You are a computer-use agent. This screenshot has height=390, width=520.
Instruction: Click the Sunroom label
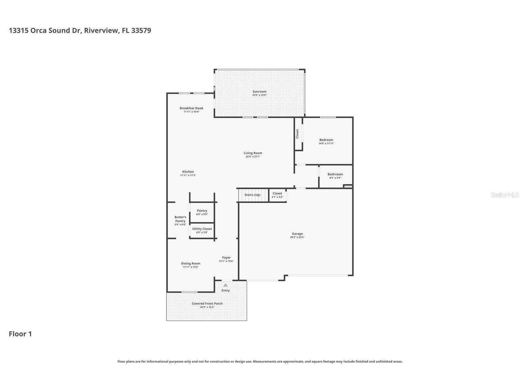click(x=259, y=91)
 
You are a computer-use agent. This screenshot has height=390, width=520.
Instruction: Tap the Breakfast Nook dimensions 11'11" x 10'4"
click(x=191, y=112)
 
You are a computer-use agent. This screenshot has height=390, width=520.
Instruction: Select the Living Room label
click(x=253, y=153)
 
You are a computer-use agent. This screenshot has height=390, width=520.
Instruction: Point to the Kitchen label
click(x=188, y=172)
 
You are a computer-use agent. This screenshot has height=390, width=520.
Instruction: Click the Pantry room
click(x=202, y=212)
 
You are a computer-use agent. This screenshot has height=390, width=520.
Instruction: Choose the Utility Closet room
click(x=202, y=230)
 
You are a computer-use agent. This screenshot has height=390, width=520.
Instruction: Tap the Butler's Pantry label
click(x=180, y=219)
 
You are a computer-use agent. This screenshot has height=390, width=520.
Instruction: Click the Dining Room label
click(x=190, y=263)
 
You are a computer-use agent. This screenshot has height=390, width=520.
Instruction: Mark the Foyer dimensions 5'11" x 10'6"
click(x=226, y=261)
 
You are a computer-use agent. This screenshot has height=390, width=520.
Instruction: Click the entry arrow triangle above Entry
click(x=226, y=285)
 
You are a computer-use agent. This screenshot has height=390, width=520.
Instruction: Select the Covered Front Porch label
click(x=207, y=304)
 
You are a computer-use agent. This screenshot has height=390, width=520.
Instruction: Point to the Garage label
click(x=297, y=234)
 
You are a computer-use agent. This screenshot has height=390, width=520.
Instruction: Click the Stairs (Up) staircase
click(x=253, y=195)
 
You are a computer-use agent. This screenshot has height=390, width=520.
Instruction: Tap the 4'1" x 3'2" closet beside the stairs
click(x=277, y=195)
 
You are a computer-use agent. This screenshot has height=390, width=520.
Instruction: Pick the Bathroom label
click(x=335, y=174)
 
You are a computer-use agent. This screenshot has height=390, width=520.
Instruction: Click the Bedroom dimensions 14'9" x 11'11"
click(x=326, y=143)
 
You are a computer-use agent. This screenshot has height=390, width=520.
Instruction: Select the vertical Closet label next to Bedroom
click(x=297, y=134)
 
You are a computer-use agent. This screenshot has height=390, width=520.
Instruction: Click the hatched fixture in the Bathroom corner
click(x=348, y=186)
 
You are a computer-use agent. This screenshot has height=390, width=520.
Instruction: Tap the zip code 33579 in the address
click(x=141, y=30)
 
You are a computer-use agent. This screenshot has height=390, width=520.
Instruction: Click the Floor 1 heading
click(x=20, y=334)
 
